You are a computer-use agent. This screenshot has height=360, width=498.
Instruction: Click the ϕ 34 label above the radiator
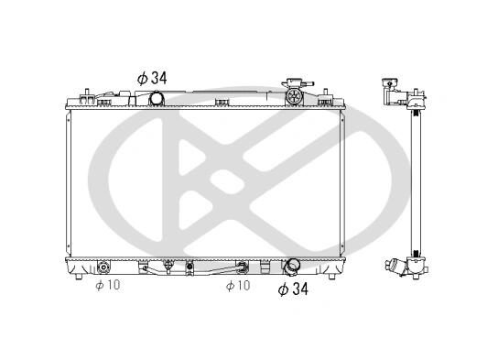click(152, 78)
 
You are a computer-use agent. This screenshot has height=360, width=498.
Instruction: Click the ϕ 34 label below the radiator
click(293, 289)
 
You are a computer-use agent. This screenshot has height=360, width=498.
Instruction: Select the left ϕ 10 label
click(108, 285)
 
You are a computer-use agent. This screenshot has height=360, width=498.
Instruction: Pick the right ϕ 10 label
click(238, 286)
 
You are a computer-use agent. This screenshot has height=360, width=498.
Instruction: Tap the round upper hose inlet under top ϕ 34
click(156, 98)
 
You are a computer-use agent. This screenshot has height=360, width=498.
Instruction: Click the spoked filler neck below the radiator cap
click(293, 96)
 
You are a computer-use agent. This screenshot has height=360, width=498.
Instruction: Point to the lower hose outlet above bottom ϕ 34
click(291, 267)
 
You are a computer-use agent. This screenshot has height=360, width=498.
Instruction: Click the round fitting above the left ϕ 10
click(103, 267)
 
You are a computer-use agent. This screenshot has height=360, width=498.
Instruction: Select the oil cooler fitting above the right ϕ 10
click(242, 267)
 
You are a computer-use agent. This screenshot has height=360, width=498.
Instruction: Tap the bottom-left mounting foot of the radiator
click(79, 277)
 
